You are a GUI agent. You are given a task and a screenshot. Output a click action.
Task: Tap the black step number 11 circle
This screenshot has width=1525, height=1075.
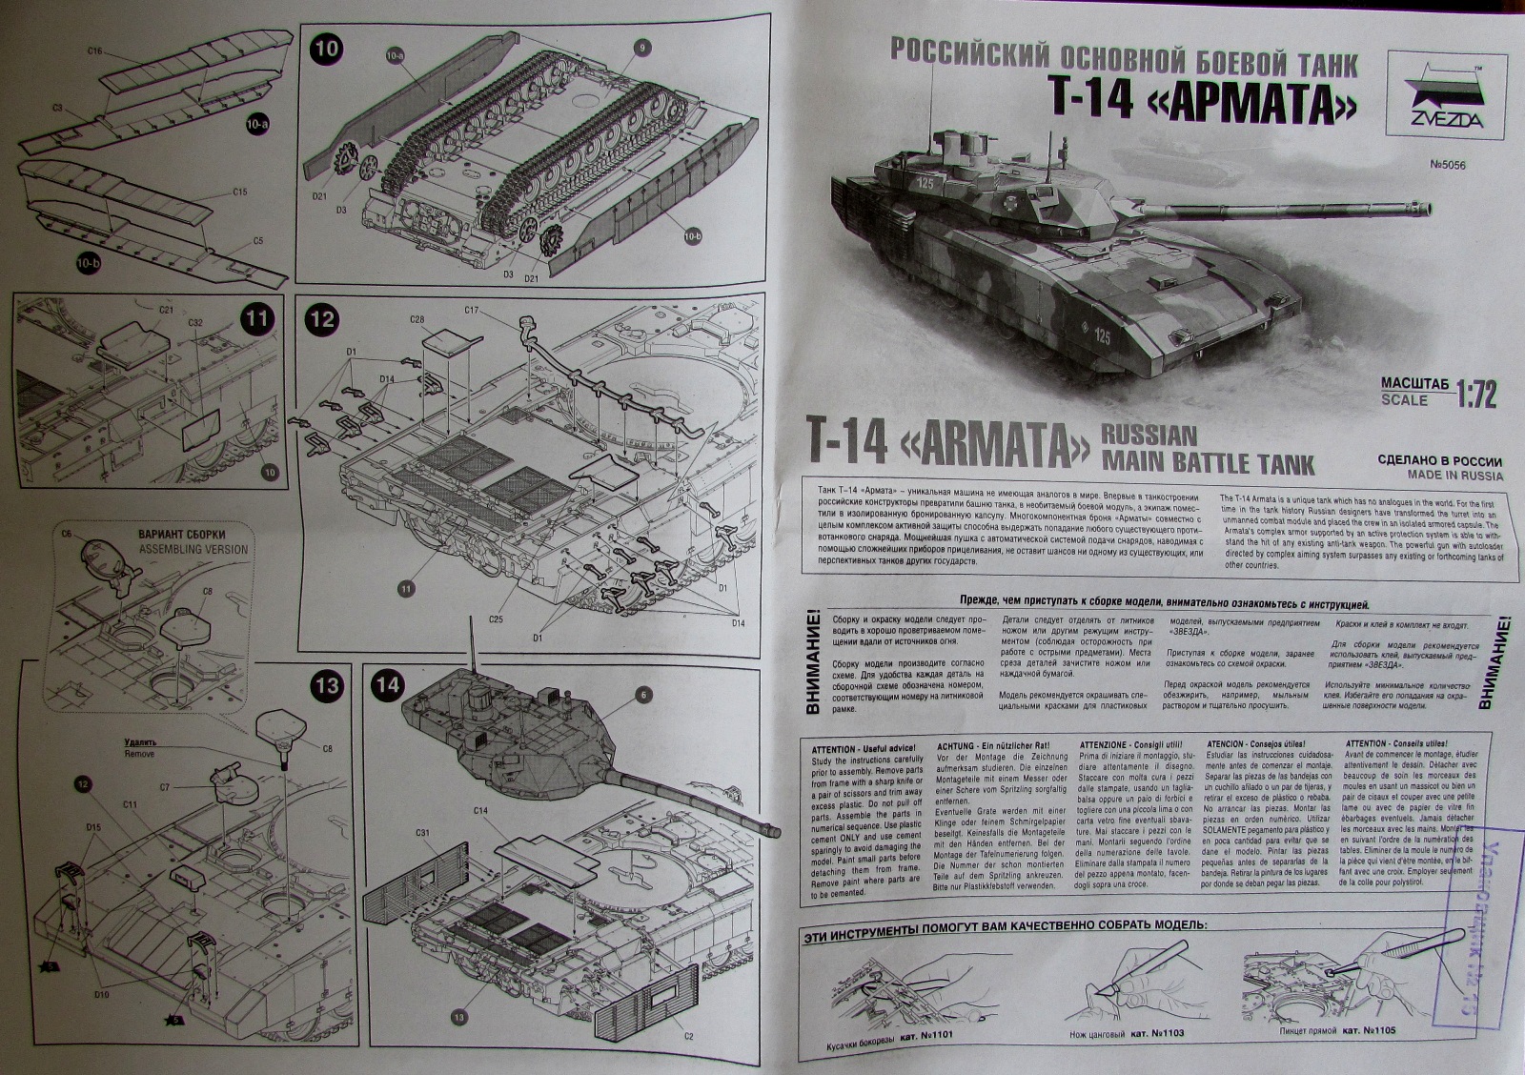[254, 319]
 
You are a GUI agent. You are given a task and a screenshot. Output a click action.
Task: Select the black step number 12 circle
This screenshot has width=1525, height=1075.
[323, 318]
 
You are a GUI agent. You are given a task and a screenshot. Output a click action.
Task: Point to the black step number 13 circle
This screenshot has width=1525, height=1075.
[326, 684]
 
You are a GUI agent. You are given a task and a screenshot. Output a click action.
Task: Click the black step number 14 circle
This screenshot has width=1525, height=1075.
[389, 684]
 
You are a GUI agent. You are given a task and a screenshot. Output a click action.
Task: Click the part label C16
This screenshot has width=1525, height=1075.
[95, 49]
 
